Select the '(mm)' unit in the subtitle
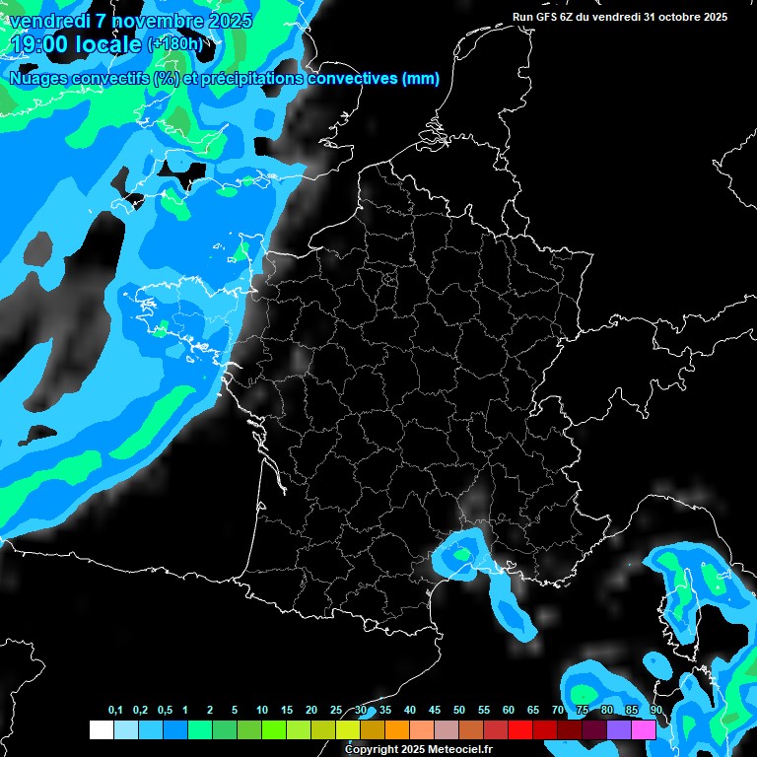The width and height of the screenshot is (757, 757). coord(422,79)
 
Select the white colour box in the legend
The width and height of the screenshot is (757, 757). coord(101,729)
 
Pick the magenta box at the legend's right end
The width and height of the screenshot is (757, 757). coord(644,729)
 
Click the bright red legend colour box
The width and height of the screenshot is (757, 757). coord(520,729)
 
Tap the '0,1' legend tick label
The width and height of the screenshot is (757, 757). coord(114,711)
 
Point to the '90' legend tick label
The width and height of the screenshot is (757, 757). coord(655,711)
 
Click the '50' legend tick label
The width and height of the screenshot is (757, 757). coord(459,711)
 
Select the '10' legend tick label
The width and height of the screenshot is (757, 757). coord(262,711)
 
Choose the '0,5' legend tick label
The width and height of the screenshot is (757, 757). coord(164,711)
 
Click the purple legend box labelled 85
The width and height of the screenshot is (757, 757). coord(619,729)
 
